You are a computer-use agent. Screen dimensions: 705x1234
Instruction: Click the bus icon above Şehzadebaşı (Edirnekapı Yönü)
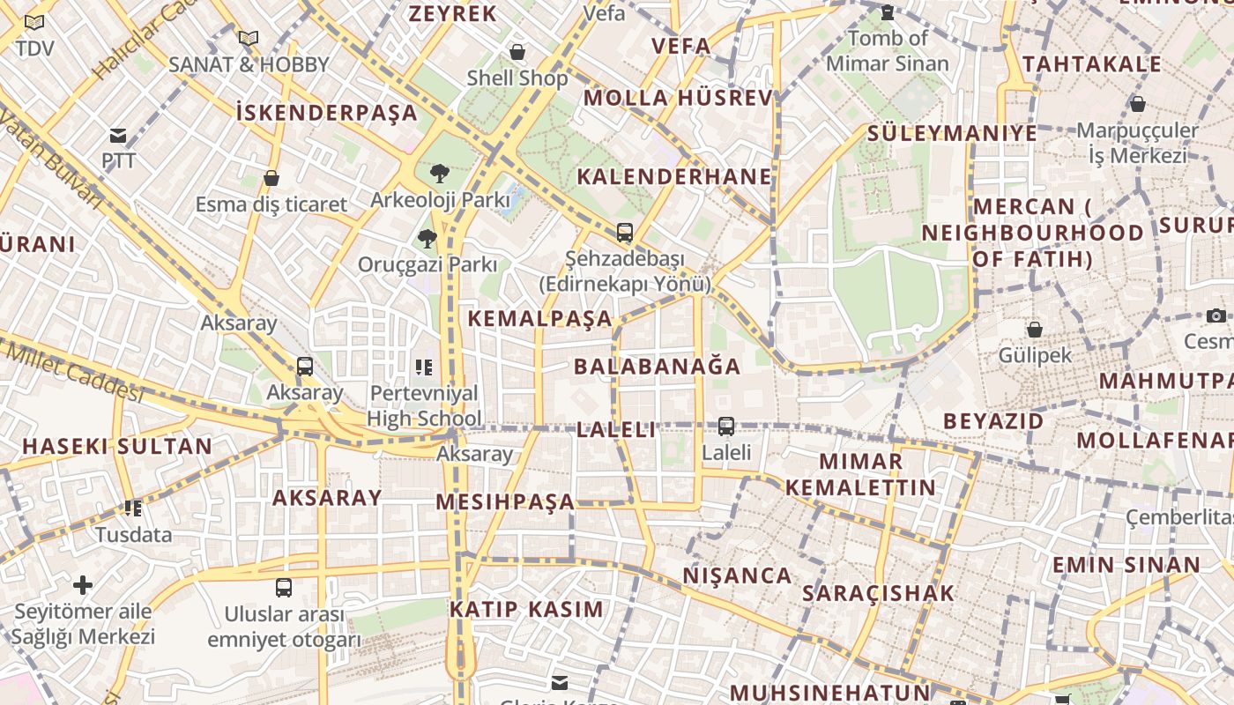pos(625,233)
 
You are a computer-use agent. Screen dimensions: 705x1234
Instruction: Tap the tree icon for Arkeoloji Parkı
pos(439,174)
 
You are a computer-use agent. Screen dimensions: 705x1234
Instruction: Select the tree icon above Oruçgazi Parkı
pos(427,238)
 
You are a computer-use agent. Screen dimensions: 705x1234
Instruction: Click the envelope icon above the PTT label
pos(118,136)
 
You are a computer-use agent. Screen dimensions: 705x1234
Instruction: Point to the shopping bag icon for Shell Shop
pos(517,53)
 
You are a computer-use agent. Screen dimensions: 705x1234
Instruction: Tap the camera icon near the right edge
pos(1216,315)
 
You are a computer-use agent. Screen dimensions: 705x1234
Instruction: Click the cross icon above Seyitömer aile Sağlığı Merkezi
pos(83,585)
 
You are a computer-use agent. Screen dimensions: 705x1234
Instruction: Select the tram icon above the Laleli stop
pos(726,427)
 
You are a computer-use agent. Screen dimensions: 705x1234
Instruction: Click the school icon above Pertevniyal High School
pos(424,367)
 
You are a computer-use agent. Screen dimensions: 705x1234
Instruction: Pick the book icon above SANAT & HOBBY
pos(249,38)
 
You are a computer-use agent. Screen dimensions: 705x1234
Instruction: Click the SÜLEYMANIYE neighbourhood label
pos(953,134)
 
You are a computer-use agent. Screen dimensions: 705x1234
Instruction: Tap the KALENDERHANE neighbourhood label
pos(674,177)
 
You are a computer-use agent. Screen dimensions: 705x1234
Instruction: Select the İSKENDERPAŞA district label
pos(327,113)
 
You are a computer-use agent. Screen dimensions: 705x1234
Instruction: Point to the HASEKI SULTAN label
pos(117,447)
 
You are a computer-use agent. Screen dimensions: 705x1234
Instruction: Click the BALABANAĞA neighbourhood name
pos(658,367)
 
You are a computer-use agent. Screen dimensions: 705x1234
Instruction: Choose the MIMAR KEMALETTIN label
pos(861,475)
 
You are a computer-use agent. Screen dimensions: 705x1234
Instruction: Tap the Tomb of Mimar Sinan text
pos(888,50)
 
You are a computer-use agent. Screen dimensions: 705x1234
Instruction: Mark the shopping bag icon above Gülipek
pos(1035,330)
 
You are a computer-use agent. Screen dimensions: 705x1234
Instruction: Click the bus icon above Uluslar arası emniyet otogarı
pos(284,588)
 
